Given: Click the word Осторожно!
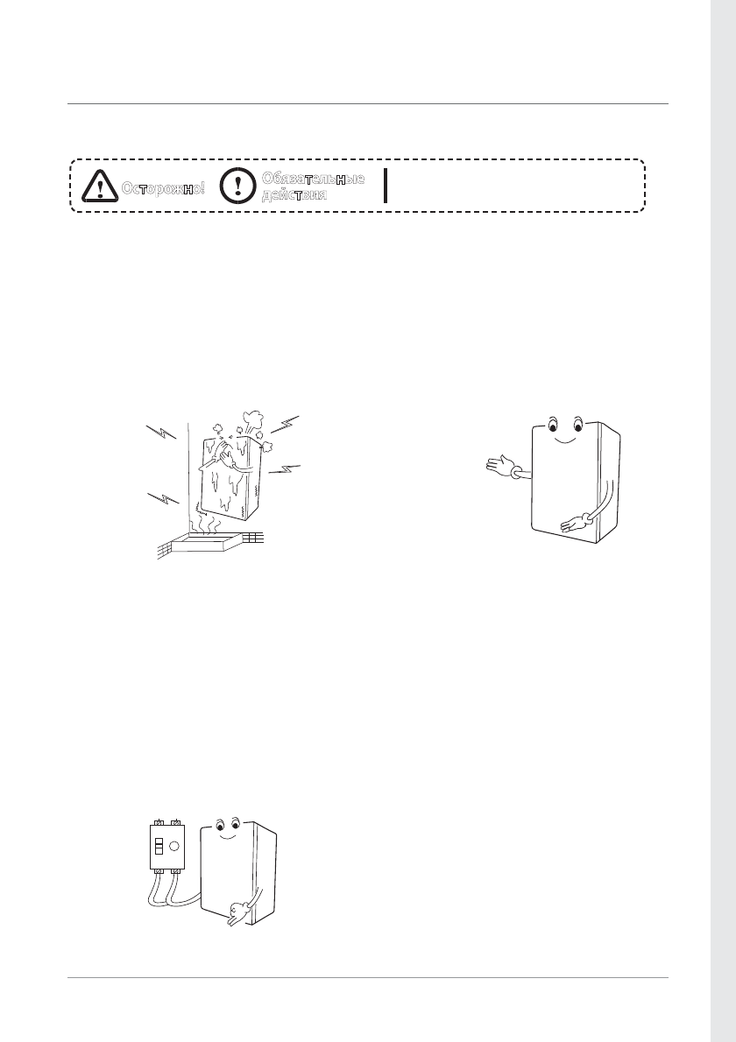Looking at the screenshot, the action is click(x=164, y=188).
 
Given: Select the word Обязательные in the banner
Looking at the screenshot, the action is click(x=312, y=179).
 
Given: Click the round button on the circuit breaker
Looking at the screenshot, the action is click(x=175, y=848).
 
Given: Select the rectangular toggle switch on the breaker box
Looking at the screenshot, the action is click(x=159, y=848).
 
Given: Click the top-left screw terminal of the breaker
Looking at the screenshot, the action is click(x=158, y=822).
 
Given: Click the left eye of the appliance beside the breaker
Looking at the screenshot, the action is click(x=219, y=825).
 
